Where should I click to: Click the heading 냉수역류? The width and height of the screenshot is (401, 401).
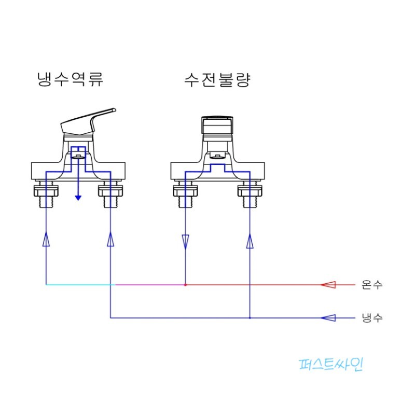click(x=71, y=80)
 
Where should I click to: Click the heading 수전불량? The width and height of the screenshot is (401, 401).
click(x=217, y=80)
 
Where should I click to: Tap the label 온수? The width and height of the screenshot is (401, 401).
click(x=372, y=285)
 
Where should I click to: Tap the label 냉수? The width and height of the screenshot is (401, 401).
click(x=372, y=318)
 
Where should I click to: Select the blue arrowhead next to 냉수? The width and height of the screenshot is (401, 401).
click(x=328, y=318)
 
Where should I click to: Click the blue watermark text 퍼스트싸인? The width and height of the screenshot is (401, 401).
click(x=331, y=364)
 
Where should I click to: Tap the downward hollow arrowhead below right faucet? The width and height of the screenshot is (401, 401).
click(x=185, y=241)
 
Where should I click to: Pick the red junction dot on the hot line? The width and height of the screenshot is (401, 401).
click(x=185, y=285)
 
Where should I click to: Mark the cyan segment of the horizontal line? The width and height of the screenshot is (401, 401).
click(x=78, y=285)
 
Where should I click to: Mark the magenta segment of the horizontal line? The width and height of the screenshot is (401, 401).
click(x=148, y=285)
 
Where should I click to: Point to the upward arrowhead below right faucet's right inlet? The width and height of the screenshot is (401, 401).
click(x=250, y=241)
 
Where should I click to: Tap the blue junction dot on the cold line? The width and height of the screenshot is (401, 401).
click(x=250, y=318)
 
